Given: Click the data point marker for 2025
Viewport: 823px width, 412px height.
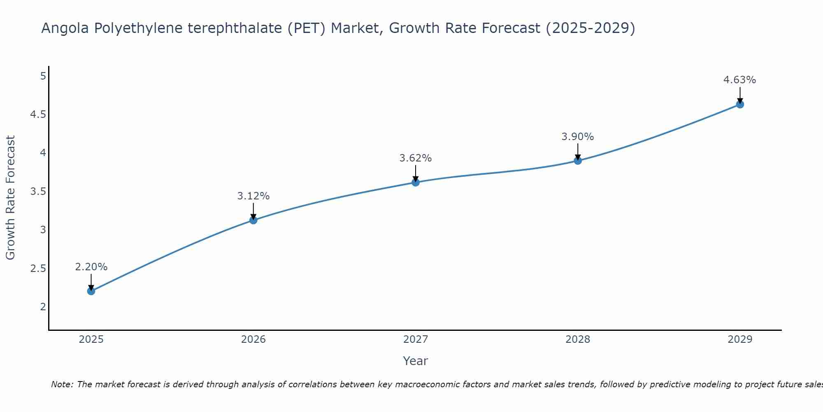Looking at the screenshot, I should pos(91,291).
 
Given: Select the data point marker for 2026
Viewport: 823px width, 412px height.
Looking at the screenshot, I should pos(253,220).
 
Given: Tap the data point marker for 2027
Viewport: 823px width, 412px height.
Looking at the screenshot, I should pos(416,182).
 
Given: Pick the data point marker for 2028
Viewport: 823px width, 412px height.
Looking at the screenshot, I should pos(578,161).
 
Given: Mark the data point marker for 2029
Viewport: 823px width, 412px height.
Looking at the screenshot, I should pos(740,105).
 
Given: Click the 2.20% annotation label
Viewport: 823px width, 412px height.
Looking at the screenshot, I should pos(91,267).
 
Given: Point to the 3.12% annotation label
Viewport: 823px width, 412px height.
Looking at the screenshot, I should pos(253,196).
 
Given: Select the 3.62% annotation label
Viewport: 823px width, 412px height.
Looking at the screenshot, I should pos(416,158).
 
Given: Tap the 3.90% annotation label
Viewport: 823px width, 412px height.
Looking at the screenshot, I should pos(578,137).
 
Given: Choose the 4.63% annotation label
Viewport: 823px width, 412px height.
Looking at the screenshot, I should pos(740,80).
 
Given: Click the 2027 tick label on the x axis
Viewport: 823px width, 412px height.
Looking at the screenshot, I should pos(416,339).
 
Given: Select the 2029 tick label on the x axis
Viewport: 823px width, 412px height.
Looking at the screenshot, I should pos(740,339).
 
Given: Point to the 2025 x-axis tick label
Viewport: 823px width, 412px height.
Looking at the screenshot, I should pos(91,339).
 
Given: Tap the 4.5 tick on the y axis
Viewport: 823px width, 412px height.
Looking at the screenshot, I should pos(38,115).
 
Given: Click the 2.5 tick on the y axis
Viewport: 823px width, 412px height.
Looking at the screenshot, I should pos(38,269).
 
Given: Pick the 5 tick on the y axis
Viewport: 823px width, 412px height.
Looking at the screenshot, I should pos(43,76).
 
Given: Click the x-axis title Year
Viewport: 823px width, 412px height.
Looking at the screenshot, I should pos(416,361).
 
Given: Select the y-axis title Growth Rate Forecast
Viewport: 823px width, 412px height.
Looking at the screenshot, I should pos(11,198).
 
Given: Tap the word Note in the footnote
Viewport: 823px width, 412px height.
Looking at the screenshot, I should pos(62,384).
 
